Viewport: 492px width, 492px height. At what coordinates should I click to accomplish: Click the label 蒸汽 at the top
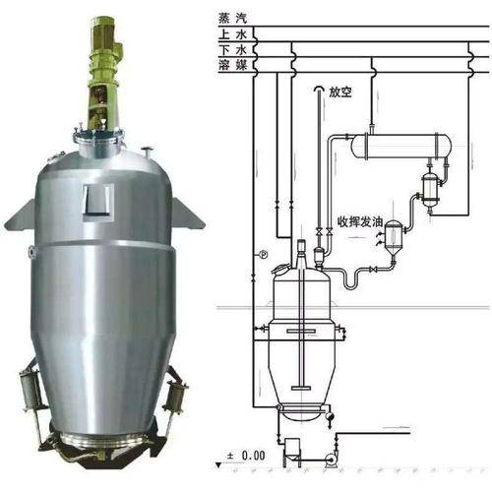tap(232, 19)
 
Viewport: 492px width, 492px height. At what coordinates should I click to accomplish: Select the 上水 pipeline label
tap(232, 34)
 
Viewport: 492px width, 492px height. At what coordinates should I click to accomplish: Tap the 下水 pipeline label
tap(232, 50)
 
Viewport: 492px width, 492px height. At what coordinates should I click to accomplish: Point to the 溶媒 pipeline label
tap(232, 65)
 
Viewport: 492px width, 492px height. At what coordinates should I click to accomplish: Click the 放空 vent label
tap(340, 92)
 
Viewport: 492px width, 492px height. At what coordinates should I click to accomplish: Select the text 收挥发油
tap(360, 222)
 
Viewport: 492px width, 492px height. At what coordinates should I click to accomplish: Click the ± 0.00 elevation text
tap(246, 456)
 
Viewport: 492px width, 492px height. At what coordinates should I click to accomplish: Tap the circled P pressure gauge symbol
tap(264, 254)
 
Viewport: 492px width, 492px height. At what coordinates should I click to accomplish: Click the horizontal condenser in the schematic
tap(400, 146)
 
